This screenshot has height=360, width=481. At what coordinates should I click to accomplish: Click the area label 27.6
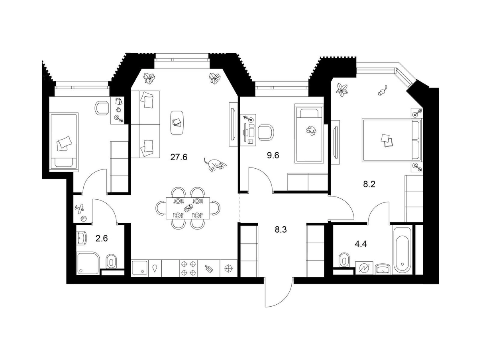179,157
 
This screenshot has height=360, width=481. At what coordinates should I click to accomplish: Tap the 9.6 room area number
273,156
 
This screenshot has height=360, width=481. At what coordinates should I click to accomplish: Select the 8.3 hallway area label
281,230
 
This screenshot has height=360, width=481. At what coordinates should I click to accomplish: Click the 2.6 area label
102,238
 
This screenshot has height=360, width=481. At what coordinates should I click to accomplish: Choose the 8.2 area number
369,184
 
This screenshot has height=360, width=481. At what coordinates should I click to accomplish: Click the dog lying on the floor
215,164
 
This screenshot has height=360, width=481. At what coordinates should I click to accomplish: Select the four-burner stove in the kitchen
188,269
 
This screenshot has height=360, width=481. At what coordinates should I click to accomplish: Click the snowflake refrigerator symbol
228,269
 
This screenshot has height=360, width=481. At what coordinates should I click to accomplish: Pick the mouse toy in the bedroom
383,90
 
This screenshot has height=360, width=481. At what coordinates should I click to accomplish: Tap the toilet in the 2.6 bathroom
111,261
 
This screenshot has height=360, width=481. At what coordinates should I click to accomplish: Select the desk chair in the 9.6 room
266,132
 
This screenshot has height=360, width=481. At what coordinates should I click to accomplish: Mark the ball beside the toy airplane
84,219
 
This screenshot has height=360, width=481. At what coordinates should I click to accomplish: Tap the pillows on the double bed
387,140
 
